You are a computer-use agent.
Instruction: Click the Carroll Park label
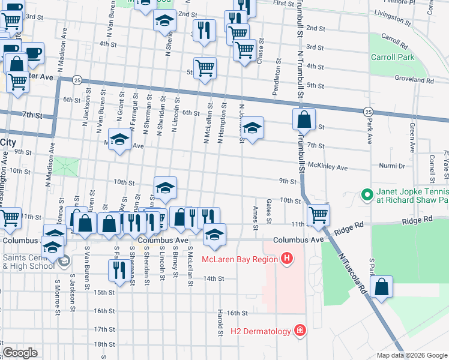(401, 58)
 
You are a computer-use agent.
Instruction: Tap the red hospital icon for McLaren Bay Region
(288, 259)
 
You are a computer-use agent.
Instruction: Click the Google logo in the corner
(20, 353)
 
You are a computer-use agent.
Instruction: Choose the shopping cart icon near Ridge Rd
(318, 214)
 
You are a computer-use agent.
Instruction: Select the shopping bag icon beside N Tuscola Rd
(381, 287)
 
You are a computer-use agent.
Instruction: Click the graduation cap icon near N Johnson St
(253, 128)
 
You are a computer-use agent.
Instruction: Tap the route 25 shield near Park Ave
(368, 112)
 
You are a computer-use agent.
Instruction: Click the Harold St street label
(221, 321)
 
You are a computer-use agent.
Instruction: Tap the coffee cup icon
(33, 52)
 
